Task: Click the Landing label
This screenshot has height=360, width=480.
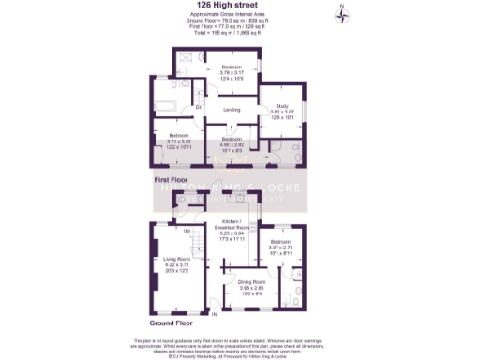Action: pos(232,110)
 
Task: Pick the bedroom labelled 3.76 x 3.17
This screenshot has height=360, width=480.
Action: pos(232,68)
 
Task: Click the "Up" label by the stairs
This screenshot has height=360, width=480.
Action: pos(187,231)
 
